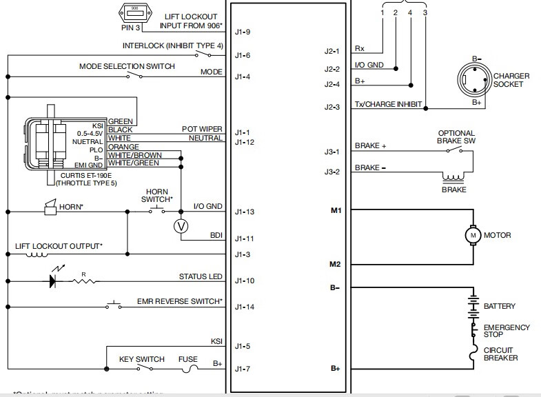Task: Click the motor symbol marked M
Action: click(x=473, y=236)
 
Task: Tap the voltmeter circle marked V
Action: click(x=181, y=225)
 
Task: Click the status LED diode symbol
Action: click(x=52, y=281)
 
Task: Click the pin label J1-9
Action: click(x=243, y=32)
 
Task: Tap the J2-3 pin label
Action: click(x=332, y=107)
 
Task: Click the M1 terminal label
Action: click(x=336, y=209)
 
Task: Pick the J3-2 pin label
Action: click(x=332, y=172)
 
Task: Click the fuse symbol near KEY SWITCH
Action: click(x=188, y=369)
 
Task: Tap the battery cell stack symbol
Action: click(x=473, y=305)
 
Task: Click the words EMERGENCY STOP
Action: click(x=507, y=332)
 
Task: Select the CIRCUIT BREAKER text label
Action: click(x=501, y=354)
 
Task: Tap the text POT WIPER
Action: click(x=202, y=129)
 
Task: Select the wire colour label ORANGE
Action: click(x=124, y=147)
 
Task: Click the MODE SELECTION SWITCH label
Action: click(x=127, y=66)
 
